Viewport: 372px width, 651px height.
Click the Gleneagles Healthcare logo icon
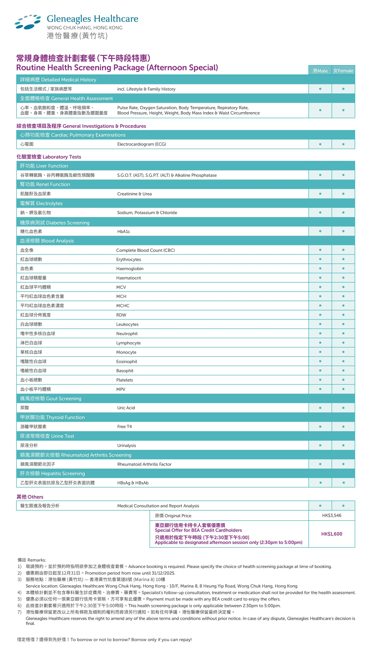(x=28, y=22)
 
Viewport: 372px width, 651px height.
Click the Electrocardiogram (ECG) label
(x=142, y=144)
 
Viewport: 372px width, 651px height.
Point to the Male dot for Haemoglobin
(x=320, y=268)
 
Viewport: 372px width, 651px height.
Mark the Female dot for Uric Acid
(x=343, y=408)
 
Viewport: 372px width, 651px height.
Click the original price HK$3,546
(x=332, y=515)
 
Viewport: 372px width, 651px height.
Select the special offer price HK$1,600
(x=332, y=534)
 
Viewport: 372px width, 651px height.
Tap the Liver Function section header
(x=44, y=166)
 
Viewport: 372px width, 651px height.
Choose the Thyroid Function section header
(x=52, y=417)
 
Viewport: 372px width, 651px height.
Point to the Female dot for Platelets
(x=343, y=380)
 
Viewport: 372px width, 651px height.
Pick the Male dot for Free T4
(x=320, y=427)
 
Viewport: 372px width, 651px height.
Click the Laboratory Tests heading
(x=49, y=157)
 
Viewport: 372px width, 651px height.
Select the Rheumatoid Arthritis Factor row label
(x=144, y=464)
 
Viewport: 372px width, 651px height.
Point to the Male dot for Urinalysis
(x=320, y=445)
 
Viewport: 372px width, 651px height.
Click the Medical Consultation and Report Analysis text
(x=158, y=506)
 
